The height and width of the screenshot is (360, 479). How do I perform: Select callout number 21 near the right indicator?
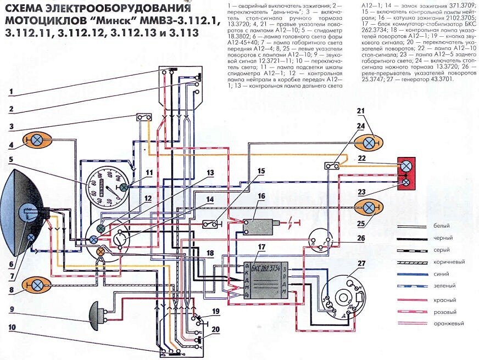click(361, 112)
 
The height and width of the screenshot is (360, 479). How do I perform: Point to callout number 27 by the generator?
click(361, 264)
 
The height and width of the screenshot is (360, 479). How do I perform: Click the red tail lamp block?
click(406, 173)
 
